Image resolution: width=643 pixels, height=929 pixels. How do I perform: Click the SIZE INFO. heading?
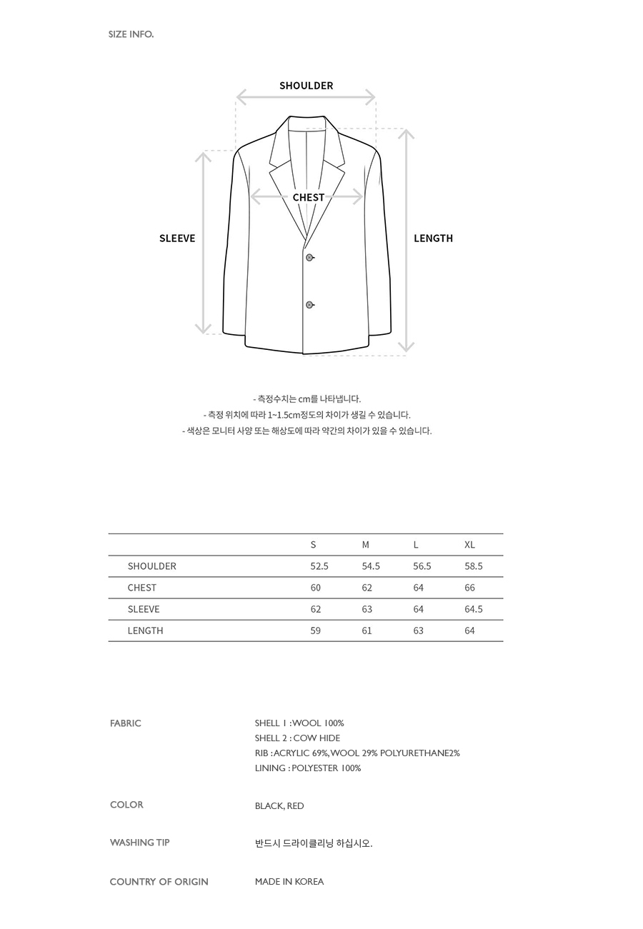point(131,34)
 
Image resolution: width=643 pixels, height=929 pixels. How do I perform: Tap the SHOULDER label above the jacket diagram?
point(306,86)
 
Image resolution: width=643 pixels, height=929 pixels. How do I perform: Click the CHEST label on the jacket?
point(308,197)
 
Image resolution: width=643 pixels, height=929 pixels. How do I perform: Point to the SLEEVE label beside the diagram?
point(177,238)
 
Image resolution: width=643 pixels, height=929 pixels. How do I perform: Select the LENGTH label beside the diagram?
point(433,238)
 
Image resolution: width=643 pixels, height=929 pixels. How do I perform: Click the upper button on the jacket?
point(309,257)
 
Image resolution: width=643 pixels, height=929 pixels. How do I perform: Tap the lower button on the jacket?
point(309,305)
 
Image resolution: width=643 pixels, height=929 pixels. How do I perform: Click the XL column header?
point(469,545)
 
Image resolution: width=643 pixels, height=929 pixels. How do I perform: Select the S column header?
point(313,545)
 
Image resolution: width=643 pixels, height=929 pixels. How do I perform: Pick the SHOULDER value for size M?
point(371,566)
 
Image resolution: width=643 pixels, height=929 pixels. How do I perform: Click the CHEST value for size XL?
point(469,588)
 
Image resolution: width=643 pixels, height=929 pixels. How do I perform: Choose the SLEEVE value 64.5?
point(474,609)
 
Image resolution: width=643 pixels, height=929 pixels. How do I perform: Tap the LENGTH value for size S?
point(315,631)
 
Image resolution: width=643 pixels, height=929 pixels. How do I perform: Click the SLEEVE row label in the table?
point(144,609)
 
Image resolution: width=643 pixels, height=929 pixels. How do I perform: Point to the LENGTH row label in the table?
point(145,631)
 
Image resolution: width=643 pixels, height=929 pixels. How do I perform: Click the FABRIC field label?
point(126,723)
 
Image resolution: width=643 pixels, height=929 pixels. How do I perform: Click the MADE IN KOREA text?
point(289,882)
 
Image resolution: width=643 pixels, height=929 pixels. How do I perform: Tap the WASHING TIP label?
point(140,843)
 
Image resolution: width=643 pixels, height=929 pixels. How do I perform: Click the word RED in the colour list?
point(295,806)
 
